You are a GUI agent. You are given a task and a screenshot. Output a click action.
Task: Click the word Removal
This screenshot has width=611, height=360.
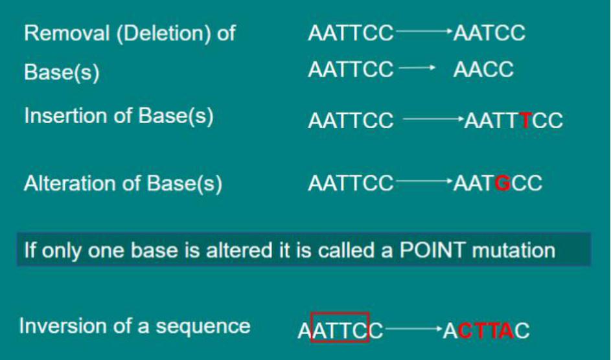click(67, 32)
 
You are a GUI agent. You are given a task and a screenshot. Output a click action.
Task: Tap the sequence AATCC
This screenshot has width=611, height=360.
click(489, 32)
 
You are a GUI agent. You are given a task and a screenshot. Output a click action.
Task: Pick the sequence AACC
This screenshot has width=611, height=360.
click(483, 70)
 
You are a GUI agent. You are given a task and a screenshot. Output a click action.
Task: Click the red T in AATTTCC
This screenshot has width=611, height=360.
click(526, 120)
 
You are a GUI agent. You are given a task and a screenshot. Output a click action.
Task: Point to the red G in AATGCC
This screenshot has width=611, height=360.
click(503, 183)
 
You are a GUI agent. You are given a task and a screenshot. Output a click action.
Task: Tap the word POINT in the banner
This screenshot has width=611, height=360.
click(433, 250)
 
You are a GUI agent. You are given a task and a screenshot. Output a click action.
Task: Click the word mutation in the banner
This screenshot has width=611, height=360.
click(514, 250)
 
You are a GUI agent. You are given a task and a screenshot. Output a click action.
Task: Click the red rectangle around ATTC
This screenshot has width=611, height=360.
click(340, 313)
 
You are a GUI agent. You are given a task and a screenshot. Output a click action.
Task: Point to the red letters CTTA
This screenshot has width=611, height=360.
click(486, 331)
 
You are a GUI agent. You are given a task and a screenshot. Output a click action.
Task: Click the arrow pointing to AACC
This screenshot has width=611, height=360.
click(417, 68)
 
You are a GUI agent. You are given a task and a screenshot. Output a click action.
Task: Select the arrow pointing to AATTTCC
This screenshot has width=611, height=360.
click(434, 118)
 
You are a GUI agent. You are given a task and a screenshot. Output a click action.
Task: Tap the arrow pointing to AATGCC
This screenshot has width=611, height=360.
click(424, 181)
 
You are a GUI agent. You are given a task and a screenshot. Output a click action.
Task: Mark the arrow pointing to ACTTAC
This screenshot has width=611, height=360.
click(414, 329)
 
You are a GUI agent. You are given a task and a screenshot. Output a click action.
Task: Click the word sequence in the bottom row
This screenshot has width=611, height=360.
click(203, 327)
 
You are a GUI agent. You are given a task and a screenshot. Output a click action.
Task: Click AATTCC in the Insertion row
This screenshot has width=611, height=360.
click(351, 120)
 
